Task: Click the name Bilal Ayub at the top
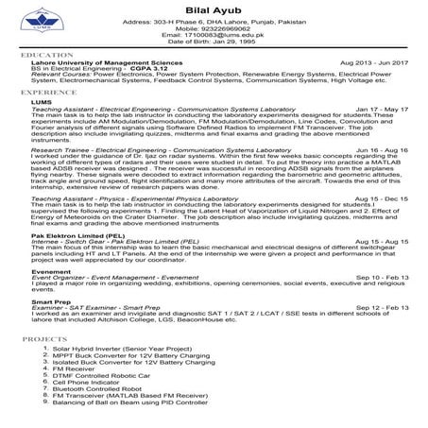[213, 9]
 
